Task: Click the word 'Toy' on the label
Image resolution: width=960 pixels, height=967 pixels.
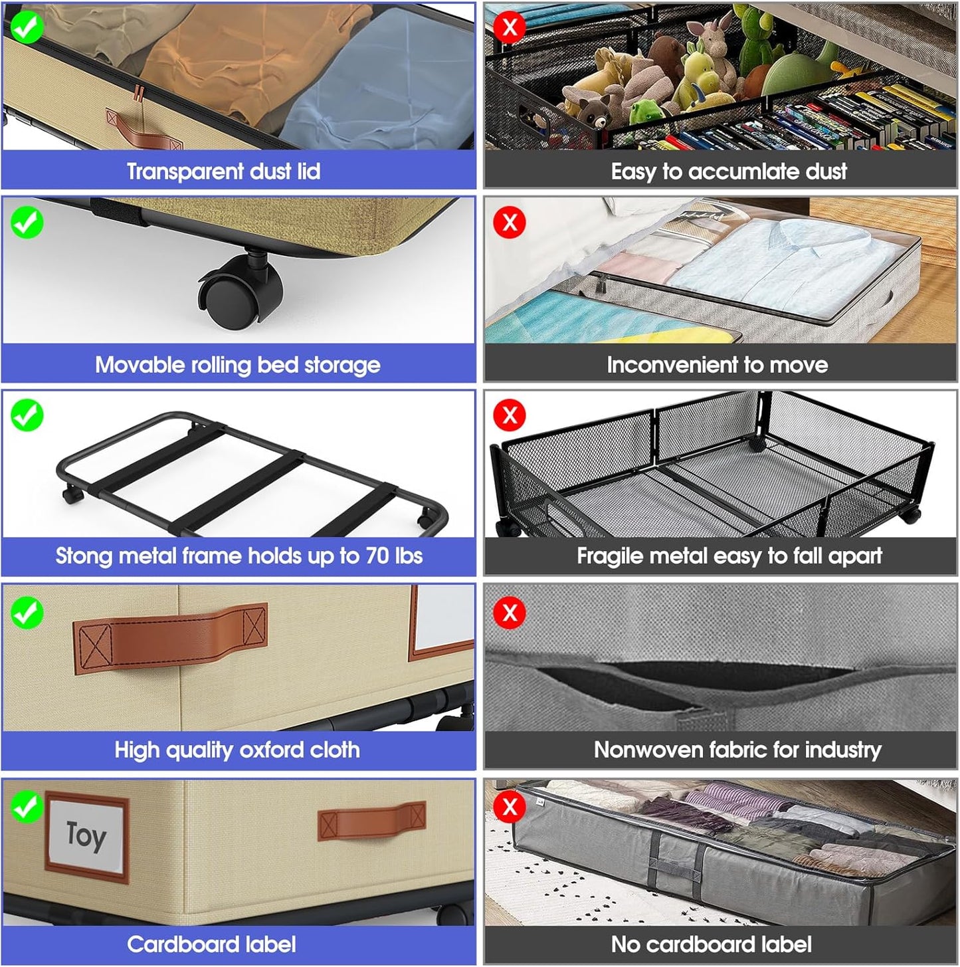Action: pos(86,835)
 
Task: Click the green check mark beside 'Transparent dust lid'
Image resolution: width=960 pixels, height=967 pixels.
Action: pos(27,27)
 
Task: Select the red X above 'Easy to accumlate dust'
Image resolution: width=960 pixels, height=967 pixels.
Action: pos(510,27)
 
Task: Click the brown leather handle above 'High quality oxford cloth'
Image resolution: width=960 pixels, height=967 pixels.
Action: pos(171,638)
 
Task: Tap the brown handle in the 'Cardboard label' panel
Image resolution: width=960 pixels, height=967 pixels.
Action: pos(372,821)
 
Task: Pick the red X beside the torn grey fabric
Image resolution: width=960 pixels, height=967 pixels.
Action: pos(510,613)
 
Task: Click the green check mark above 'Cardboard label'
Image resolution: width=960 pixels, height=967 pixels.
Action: pos(27,807)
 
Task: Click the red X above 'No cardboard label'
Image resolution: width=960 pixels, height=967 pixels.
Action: pos(510,807)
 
